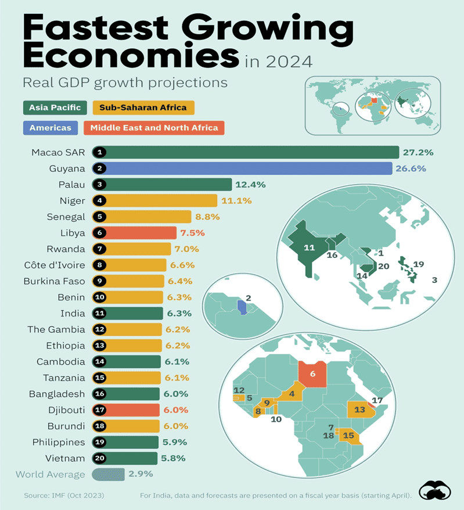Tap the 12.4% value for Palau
(x=250, y=185)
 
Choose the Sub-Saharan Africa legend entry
(x=143, y=107)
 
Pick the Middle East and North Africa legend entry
(x=154, y=128)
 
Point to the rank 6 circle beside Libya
(x=100, y=233)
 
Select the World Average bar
(x=108, y=474)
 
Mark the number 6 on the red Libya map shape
(x=312, y=375)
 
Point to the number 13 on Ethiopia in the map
(x=359, y=410)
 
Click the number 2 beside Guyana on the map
(x=249, y=299)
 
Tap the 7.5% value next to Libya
(x=192, y=233)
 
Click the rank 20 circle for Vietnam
(x=100, y=458)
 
